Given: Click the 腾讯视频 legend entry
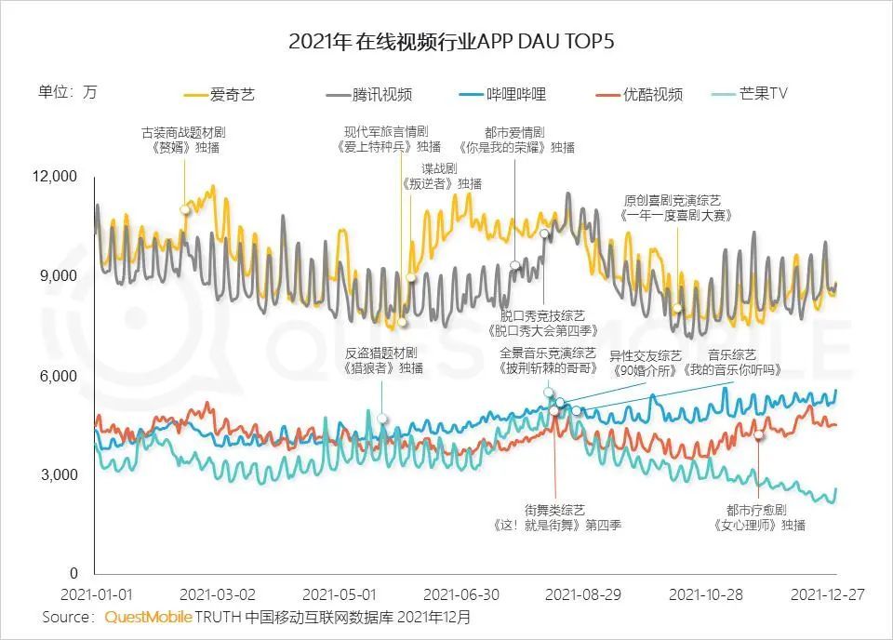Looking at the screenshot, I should (369, 94).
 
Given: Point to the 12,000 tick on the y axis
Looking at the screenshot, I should (58, 177).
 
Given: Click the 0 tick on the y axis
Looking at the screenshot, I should (74, 574).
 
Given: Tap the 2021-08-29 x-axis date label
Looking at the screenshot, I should (582, 593).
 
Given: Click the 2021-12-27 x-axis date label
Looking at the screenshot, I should (826, 593).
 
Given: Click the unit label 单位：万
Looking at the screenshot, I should (67, 91).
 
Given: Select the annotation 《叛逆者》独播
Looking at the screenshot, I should (442, 183).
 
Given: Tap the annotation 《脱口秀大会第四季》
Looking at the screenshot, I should (542, 330).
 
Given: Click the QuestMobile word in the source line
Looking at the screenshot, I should (149, 617).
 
